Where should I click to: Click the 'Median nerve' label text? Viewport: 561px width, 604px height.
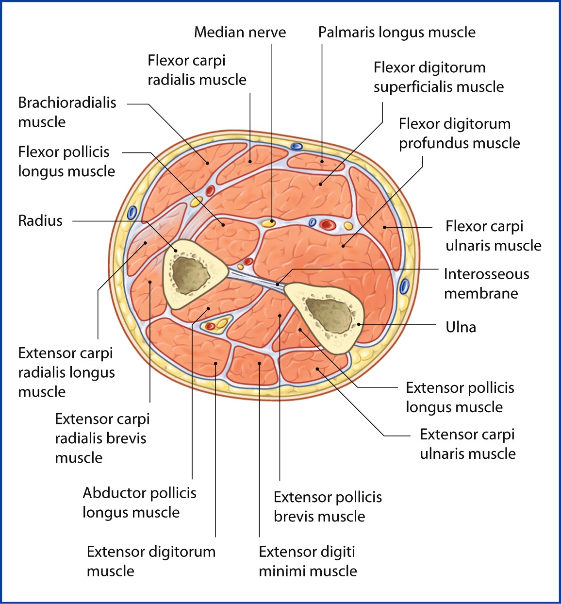240,33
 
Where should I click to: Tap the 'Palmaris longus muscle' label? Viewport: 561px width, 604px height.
396,33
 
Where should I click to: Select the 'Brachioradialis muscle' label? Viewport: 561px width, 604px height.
67,112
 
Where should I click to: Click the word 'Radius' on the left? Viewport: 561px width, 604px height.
40,221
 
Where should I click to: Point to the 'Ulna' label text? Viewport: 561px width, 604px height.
461,327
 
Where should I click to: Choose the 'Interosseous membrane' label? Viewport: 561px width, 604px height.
486,284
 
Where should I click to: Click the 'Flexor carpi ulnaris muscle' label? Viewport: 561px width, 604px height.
493,236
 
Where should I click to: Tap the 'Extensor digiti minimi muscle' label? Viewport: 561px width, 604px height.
308,561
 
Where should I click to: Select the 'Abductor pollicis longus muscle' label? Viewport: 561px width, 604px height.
139,503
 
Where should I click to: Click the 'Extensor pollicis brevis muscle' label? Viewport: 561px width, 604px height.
328,506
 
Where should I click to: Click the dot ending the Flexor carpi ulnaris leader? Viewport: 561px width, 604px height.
384,227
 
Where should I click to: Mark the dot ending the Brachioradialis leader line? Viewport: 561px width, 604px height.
207,163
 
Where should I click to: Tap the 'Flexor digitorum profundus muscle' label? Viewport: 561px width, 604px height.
459,134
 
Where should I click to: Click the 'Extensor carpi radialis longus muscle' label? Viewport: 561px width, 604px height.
66,372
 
